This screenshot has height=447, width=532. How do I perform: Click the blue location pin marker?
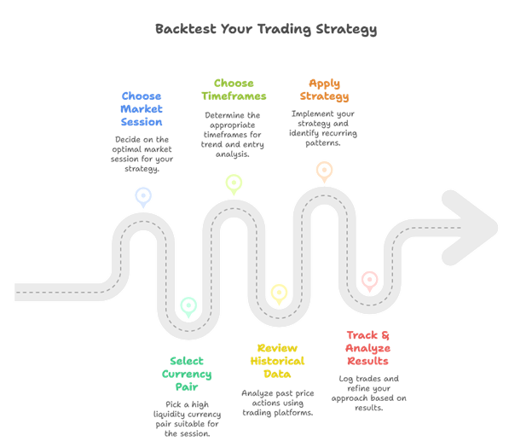pyautogui.click(x=143, y=197)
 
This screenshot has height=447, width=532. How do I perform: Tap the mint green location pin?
pyautogui.click(x=188, y=307)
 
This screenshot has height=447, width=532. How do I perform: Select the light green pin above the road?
pyautogui.click(x=234, y=184)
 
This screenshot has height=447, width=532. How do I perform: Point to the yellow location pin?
pyautogui.click(x=279, y=294)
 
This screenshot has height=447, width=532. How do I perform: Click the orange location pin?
pyautogui.click(x=324, y=171)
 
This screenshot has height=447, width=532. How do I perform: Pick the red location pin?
pyautogui.click(x=369, y=281)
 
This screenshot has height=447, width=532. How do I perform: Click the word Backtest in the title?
pyautogui.click(x=186, y=29)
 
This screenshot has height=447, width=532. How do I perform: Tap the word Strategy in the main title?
pyautogui.click(x=346, y=30)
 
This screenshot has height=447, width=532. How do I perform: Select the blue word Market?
pyautogui.click(x=142, y=109)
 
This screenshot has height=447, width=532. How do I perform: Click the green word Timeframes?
pyautogui.click(x=234, y=96)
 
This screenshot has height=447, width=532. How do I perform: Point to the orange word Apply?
pyautogui.click(x=324, y=84)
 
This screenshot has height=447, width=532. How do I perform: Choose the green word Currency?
pyautogui.click(x=187, y=374)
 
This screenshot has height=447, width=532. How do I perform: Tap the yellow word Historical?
pyautogui.click(x=278, y=361)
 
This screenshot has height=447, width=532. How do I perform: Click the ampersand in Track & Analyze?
pyautogui.click(x=385, y=335)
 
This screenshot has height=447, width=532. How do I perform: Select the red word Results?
pyautogui.click(x=367, y=361)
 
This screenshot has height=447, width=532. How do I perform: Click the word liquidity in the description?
pyautogui.click(x=169, y=415)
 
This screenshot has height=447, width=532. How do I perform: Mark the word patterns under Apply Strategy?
pyautogui.click(x=322, y=143)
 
